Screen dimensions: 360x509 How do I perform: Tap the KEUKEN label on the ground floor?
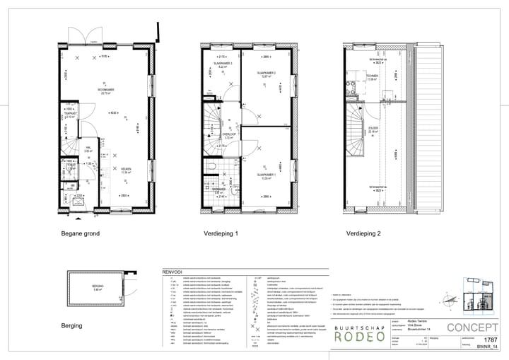[124, 169]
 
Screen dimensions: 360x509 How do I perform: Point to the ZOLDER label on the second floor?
[373, 128]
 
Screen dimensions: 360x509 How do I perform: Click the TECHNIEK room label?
[373, 75]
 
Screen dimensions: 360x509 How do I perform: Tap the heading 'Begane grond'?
[80, 233]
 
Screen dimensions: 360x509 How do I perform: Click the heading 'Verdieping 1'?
[221, 233]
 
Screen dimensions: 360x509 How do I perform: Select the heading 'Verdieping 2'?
[363, 233]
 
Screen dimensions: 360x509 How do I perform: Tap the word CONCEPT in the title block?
[474, 327]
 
